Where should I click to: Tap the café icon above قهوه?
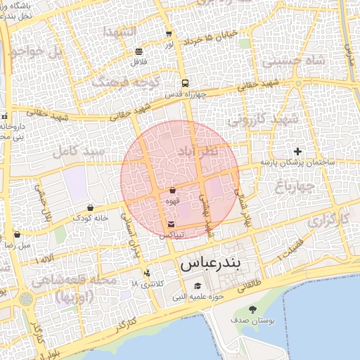tap(172, 190)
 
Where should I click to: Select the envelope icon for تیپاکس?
tap(172, 224)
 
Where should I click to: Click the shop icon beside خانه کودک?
tap(91, 207)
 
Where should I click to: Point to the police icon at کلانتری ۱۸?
tap(146, 272)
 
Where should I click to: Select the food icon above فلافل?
tap(139, 51)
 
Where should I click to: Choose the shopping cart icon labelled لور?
tap(169, 34)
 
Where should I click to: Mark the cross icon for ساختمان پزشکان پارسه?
tap(297, 151)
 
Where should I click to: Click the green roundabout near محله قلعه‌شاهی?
tap(26, 300)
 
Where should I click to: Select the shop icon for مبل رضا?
tap(17, 235)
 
